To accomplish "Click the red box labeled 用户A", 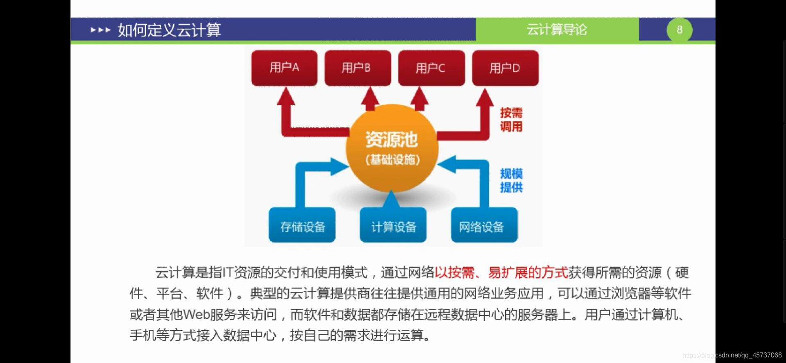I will coord(284,68).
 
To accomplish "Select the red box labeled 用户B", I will coord(357,68).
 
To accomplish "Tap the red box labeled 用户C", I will coord(431,68).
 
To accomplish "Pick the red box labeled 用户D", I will coord(505,68).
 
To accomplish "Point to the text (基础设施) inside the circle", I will coord(393,159).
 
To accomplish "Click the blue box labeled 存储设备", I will coord(302,226).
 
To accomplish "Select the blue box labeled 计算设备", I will coord(393,226).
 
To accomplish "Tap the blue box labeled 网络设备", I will coord(484,226).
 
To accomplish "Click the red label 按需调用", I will coord(511,120).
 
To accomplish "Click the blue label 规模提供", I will coord(511,180).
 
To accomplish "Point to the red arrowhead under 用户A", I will coord(286,97).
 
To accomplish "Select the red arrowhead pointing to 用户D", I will coord(485,98).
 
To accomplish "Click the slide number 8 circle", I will coord(679,29).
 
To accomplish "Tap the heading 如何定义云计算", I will coord(169,30).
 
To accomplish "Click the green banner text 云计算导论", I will coord(556,29).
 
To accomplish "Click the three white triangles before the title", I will coord(100,30).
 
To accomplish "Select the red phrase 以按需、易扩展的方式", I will coord(501,272).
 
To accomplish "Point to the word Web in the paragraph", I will coord(196,315).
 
